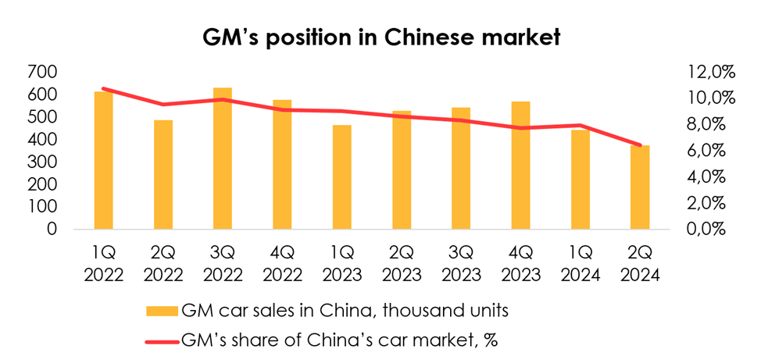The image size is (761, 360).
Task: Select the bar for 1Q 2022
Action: pos(103,160)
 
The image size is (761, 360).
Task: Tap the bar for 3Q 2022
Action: pos(223,159)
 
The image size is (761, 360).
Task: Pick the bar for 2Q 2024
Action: pos(640,187)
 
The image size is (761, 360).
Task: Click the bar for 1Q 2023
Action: pos(341,177)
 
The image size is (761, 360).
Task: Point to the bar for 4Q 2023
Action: pos(520,166)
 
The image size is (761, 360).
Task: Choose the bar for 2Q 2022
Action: pos(163,175)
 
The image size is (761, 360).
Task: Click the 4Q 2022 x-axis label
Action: pos(282,265)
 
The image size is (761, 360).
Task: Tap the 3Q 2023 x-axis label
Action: pos(461,265)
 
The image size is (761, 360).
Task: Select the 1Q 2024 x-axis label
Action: pos(581,265)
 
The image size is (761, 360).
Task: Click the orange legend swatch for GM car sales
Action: pos(162,312)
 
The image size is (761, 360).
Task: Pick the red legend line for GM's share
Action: pos(162,340)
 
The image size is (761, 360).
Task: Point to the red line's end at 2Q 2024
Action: pos(640,145)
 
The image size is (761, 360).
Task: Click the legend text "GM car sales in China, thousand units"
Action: pos(345,312)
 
